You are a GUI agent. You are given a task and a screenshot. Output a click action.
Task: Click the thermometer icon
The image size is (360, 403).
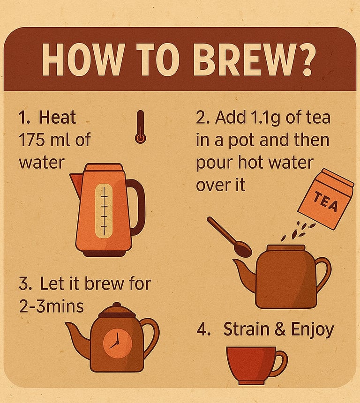[x=141, y=127]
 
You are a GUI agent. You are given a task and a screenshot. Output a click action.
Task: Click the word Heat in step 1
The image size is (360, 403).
[x=57, y=117]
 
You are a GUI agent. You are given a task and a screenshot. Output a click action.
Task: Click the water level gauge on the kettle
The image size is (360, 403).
[x=104, y=211]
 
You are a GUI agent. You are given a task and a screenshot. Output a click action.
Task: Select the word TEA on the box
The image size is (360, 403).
[x=326, y=202]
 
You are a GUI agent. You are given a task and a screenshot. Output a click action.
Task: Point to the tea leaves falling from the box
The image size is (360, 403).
[x=298, y=231]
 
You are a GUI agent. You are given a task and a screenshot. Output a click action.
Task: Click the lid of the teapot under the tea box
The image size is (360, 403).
[x=285, y=248]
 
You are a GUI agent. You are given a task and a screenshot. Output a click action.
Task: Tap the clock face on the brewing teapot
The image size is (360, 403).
[x=118, y=343]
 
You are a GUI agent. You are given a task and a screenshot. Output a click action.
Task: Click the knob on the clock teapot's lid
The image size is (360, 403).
[x=117, y=306]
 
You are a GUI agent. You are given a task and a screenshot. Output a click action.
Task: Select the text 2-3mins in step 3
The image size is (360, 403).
[x=52, y=306]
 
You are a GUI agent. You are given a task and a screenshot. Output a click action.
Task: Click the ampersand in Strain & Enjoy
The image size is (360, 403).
[x=280, y=329]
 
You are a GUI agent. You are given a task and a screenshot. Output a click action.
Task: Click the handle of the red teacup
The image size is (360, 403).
[x=281, y=363]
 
